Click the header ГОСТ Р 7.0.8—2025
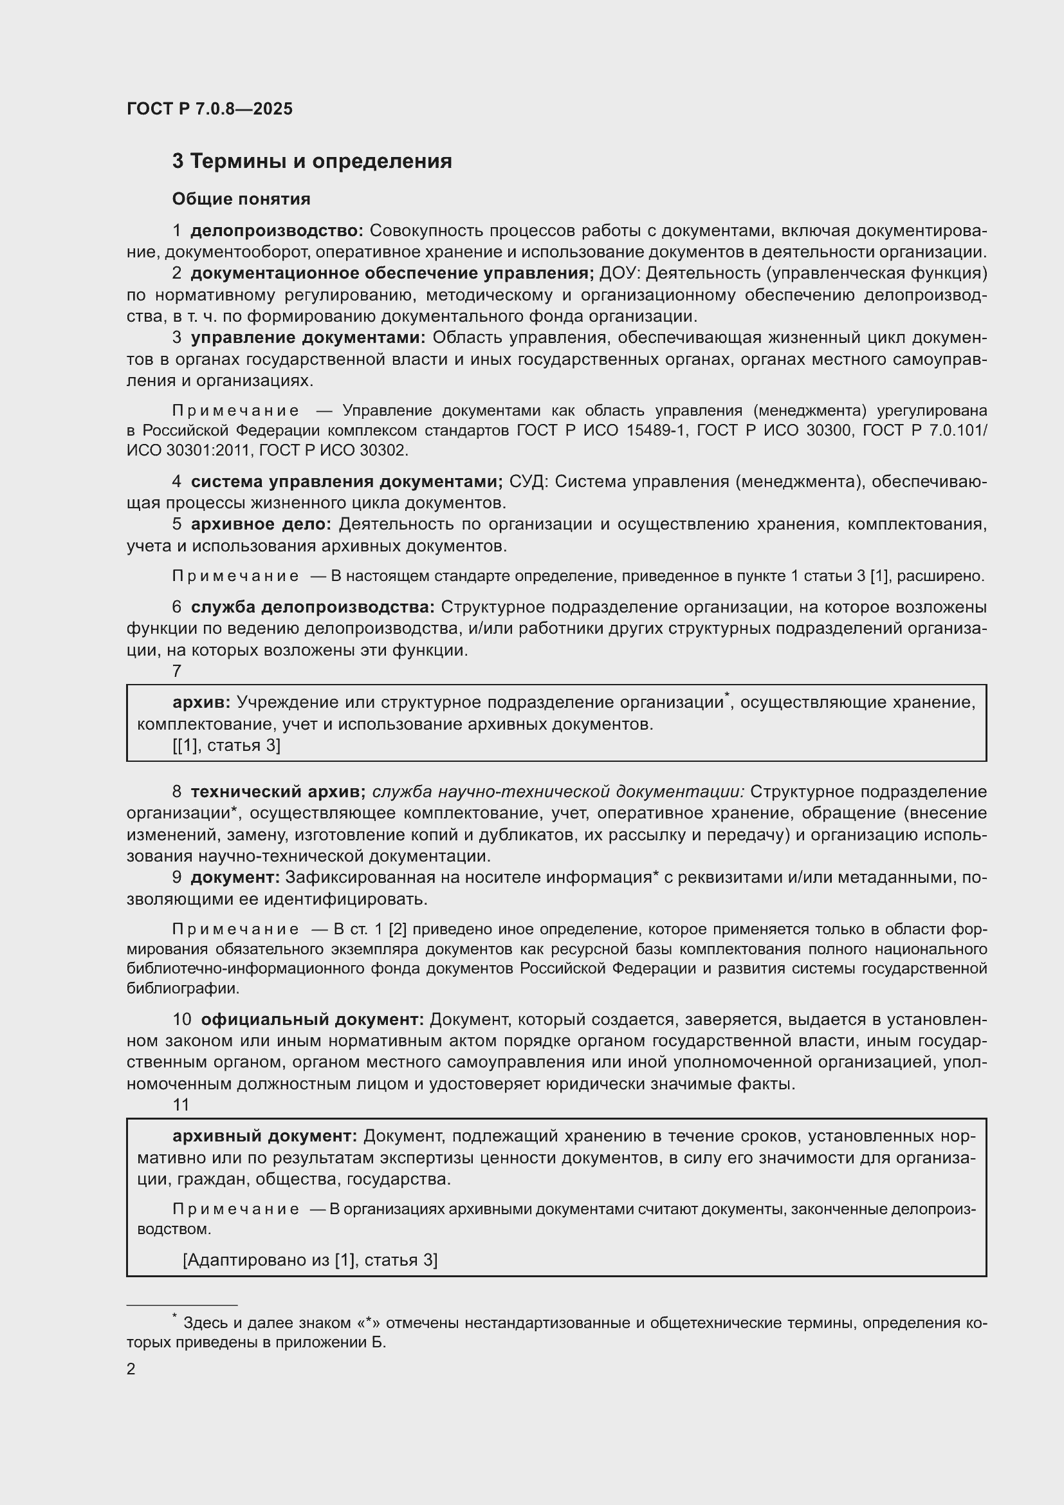tap(210, 109)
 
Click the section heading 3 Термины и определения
tap(312, 162)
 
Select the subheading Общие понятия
tap(241, 199)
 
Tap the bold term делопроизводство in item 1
tap(277, 231)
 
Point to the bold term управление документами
tap(308, 338)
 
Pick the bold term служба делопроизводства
tap(313, 607)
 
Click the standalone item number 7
tap(177, 671)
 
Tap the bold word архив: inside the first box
tap(201, 703)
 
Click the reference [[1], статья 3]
tap(226, 745)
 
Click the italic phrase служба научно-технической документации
tap(558, 792)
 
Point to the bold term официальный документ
tap(313, 1020)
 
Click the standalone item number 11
tap(181, 1105)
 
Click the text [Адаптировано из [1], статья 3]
tap(311, 1260)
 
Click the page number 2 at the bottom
tap(131, 1369)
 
